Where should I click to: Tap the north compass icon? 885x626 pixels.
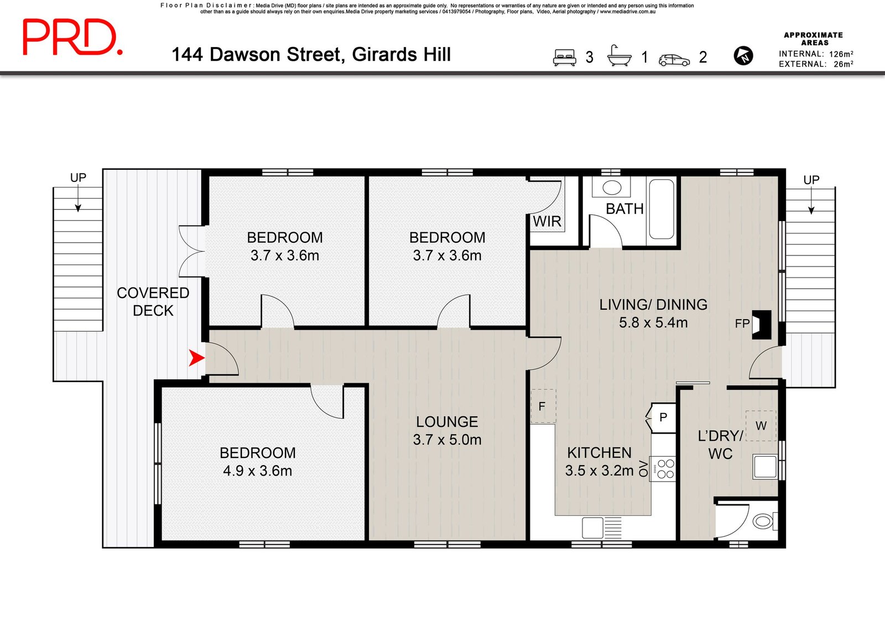pyautogui.click(x=743, y=56)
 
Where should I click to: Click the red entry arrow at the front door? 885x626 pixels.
pyautogui.click(x=196, y=358)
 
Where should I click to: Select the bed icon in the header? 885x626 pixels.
pyautogui.click(x=564, y=58)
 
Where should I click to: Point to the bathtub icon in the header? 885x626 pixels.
pyautogui.click(x=619, y=56)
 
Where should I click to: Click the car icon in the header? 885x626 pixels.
pyautogui.click(x=674, y=60)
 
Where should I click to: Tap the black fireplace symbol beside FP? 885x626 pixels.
pyautogui.click(x=761, y=325)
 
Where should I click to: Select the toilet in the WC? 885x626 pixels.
pyautogui.click(x=766, y=521)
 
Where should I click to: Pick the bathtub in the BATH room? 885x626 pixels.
pyautogui.click(x=662, y=210)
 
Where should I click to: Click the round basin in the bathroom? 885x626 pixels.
pyautogui.click(x=612, y=187)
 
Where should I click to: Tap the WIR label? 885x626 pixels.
pyautogui.click(x=547, y=222)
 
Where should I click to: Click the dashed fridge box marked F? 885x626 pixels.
pyautogui.click(x=543, y=406)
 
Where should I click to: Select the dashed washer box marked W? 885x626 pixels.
pyautogui.click(x=761, y=426)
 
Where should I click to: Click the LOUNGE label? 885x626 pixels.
pyautogui.click(x=447, y=422)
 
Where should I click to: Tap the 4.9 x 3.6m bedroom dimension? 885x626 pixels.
pyautogui.click(x=258, y=471)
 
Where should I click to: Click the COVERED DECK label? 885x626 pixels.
pyautogui.click(x=153, y=302)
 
